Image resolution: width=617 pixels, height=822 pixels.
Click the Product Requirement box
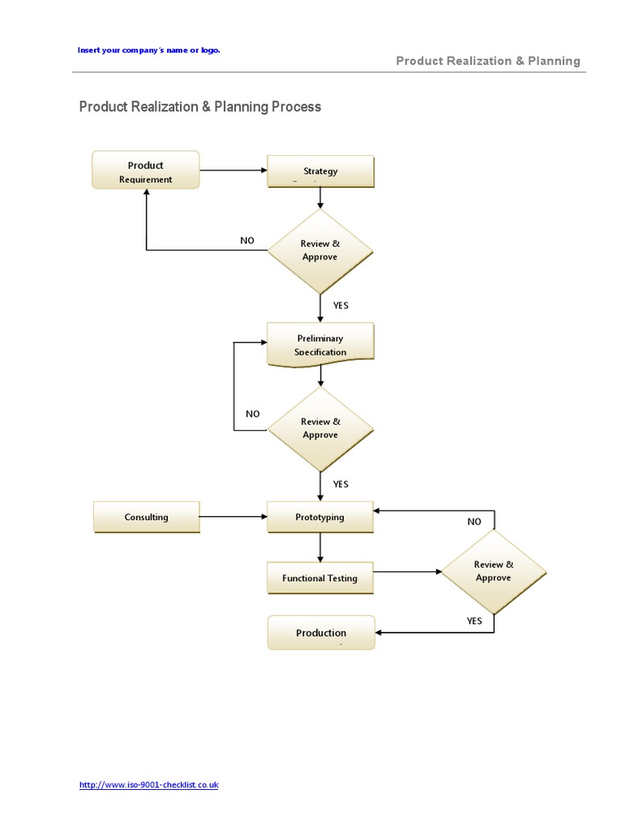click(145, 171)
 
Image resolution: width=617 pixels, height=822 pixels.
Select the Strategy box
click(320, 171)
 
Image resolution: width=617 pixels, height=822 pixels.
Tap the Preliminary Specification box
click(320, 345)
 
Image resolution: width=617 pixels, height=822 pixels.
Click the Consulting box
click(146, 517)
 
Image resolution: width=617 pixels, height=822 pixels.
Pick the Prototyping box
click(320, 517)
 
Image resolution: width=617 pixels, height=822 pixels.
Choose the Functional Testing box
click(320, 578)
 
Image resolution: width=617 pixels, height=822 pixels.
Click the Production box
click(321, 633)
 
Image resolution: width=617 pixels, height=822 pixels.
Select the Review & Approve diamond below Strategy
click(320, 250)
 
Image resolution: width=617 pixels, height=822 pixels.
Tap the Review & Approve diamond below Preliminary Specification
click(320, 428)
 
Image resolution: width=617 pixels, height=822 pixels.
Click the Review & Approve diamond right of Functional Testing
click(493, 571)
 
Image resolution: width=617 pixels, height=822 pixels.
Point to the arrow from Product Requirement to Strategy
click(233, 170)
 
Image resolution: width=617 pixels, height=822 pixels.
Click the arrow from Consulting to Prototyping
click(233, 517)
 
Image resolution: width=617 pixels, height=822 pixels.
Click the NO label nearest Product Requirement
click(247, 240)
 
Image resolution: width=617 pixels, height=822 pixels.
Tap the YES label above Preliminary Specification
click(341, 305)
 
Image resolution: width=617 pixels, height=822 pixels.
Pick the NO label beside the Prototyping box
click(474, 522)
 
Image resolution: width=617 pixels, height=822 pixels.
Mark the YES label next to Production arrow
click(474, 621)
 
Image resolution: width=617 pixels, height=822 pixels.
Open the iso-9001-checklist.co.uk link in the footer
click(149, 785)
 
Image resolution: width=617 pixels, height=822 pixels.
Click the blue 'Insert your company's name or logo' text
click(149, 50)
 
